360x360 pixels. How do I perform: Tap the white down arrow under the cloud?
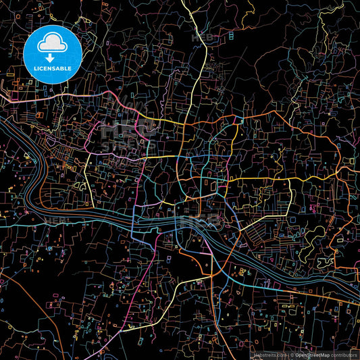coord(53,57)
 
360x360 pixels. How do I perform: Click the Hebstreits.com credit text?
coord(268,354)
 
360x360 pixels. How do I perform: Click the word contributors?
coord(344,354)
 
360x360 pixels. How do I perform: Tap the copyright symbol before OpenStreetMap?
coord(291,354)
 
